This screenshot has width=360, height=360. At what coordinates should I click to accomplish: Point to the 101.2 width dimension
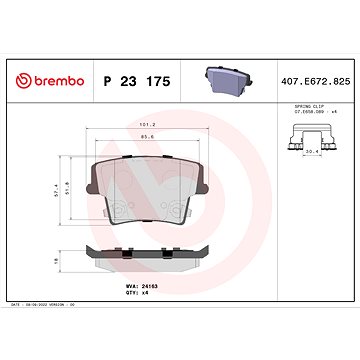coord(148,126)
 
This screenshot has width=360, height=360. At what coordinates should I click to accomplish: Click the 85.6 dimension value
coord(148,136)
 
